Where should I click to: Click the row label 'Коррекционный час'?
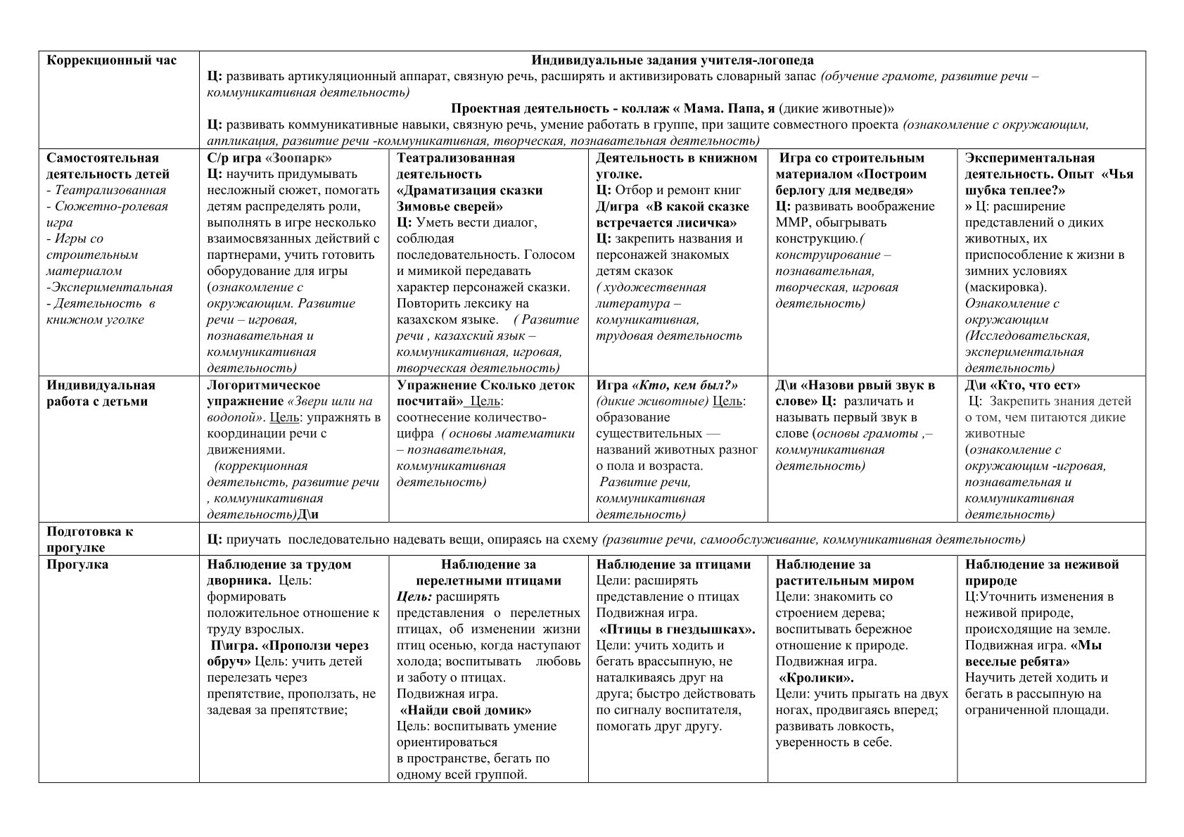[x=112, y=60]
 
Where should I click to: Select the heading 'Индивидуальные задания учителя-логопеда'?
[x=672, y=60]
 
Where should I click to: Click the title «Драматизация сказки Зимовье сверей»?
[x=469, y=198]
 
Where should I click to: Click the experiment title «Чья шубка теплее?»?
[x=1048, y=182]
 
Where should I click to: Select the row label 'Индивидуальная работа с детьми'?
[x=101, y=393]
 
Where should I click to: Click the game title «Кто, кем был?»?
[x=687, y=385]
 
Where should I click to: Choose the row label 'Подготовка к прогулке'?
[x=89, y=539]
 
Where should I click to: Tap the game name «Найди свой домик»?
[x=466, y=710]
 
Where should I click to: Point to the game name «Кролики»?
[x=817, y=678]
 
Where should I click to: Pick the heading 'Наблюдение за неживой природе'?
[x=1041, y=573]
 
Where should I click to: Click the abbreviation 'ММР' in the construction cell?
[x=791, y=223]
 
